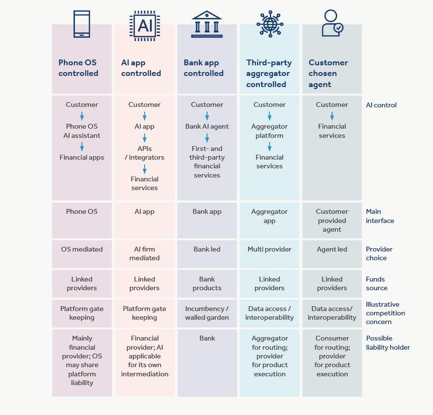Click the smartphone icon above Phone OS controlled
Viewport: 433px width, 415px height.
tap(82, 24)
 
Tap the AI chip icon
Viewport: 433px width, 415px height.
tap(145, 26)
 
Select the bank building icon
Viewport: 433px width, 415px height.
tap(207, 24)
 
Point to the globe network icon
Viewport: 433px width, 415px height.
tap(270, 24)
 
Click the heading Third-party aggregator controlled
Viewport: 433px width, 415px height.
tap(269, 74)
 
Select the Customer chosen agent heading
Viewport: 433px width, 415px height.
tap(328, 74)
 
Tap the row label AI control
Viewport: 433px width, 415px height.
tap(381, 105)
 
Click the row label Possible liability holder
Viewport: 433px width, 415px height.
tap(388, 342)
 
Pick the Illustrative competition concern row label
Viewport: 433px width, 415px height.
tap(385, 313)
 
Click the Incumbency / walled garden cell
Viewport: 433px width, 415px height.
tap(207, 313)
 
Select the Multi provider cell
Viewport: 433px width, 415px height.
tap(269, 249)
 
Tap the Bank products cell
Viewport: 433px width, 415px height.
tap(207, 283)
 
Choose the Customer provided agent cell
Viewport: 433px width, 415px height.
tap(332, 221)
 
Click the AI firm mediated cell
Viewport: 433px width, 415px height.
tap(145, 253)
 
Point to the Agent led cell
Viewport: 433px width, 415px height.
tap(332, 249)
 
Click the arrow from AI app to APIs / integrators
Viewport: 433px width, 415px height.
tap(145, 138)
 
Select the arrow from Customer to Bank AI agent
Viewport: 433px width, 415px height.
tap(207, 116)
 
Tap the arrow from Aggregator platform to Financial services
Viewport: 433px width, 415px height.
tap(269, 147)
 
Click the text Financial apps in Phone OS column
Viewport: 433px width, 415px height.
tap(82, 157)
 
